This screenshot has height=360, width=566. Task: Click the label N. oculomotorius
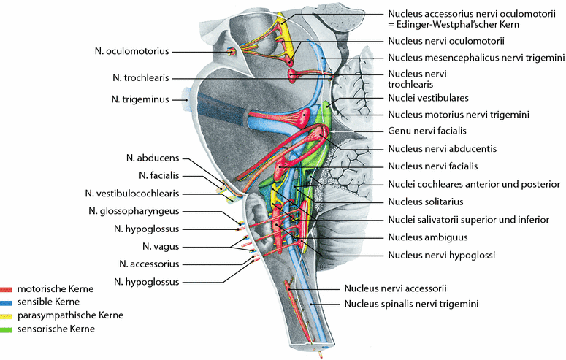click(131, 51)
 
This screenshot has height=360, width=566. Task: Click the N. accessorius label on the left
click(148, 264)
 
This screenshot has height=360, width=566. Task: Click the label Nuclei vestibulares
click(428, 97)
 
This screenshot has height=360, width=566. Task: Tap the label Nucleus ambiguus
click(428, 237)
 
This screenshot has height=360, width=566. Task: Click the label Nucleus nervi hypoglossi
click(442, 256)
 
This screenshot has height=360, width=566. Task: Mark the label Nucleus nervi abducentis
click(443, 148)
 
